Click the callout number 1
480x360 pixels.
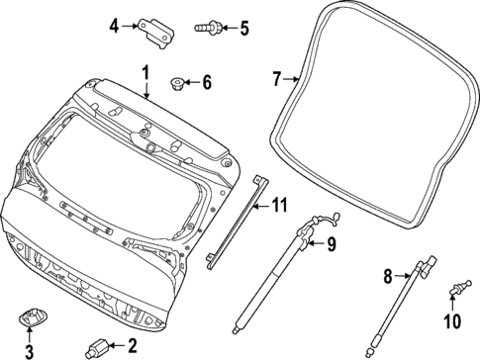(144, 72)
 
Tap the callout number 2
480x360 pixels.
(130, 345)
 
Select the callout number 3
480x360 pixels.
(29, 349)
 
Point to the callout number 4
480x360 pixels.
(114, 26)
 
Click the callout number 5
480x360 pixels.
(244, 27)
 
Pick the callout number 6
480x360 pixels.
(206, 82)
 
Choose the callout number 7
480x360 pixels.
(277, 77)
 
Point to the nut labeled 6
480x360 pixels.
(177, 82)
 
